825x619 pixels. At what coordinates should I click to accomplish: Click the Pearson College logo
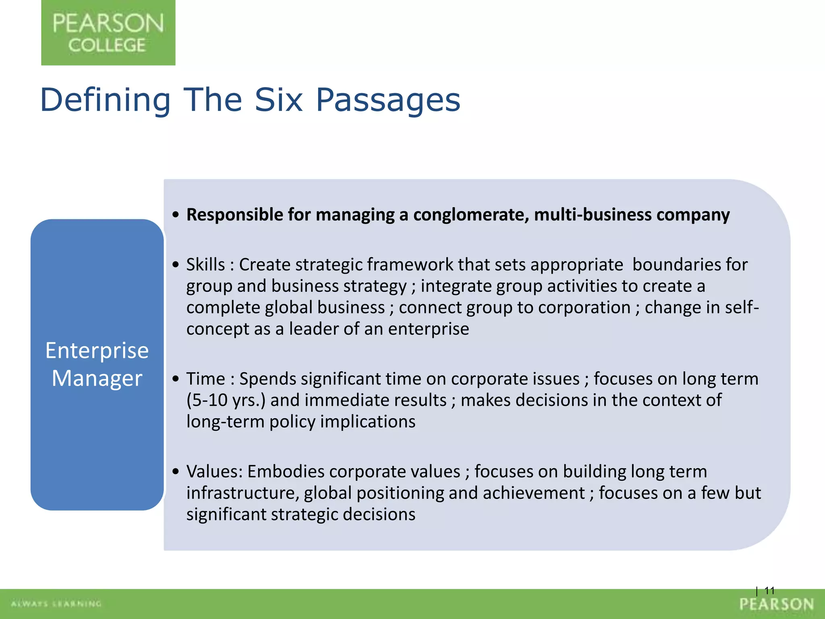(x=108, y=33)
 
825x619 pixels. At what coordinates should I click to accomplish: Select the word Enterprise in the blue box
(x=97, y=350)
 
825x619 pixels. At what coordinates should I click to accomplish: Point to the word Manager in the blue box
(x=97, y=378)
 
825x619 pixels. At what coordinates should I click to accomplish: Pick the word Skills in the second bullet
(x=205, y=265)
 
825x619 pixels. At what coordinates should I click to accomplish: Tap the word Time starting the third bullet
(x=205, y=379)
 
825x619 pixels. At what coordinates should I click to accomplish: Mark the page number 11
(x=769, y=591)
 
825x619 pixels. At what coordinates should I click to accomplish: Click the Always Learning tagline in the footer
(x=56, y=604)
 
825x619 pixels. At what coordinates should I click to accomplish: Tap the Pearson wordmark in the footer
(x=777, y=604)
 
